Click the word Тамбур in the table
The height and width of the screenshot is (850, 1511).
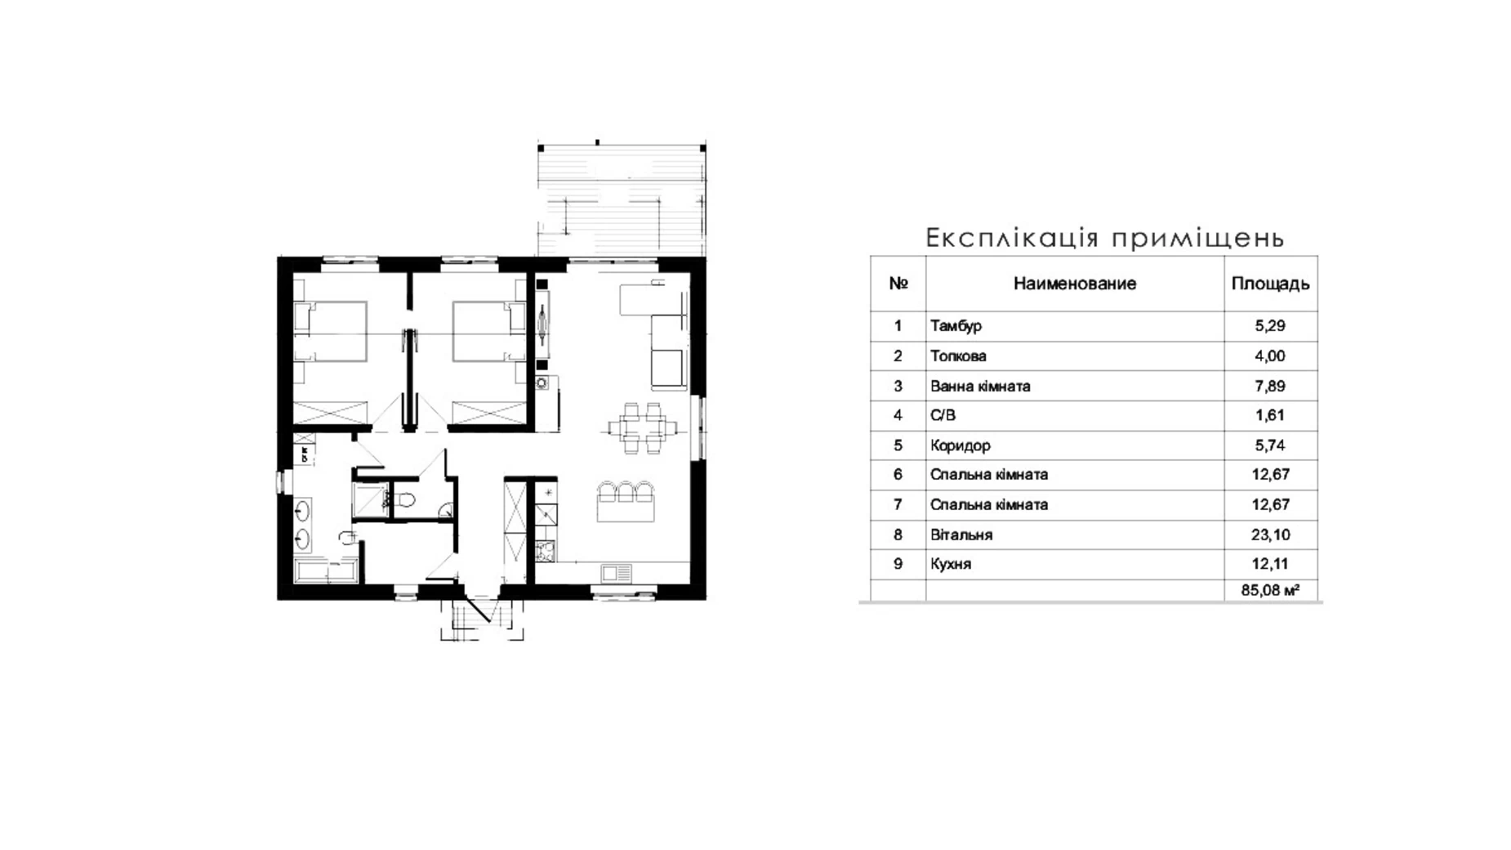click(956, 326)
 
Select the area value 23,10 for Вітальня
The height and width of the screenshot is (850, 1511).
click(1270, 535)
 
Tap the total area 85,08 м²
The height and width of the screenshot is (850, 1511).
click(1270, 589)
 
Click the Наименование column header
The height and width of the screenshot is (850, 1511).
click(1075, 284)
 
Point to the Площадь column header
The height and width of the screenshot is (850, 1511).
click(1270, 284)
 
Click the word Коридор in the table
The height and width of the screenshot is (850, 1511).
click(961, 445)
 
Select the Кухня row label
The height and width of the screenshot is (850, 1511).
click(951, 564)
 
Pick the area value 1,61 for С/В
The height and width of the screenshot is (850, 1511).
click(1270, 415)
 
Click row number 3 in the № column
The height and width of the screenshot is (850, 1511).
click(898, 386)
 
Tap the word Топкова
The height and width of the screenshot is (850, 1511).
click(958, 356)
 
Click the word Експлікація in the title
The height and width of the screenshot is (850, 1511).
click(1013, 238)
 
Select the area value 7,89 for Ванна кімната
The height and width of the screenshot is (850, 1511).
click(1270, 386)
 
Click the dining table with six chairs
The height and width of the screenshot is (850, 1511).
click(643, 427)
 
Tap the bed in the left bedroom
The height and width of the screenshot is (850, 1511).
click(330, 331)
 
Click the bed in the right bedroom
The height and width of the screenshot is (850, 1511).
click(488, 331)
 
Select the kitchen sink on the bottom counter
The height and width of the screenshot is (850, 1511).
click(617, 572)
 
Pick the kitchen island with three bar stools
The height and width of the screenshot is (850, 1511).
click(626, 501)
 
